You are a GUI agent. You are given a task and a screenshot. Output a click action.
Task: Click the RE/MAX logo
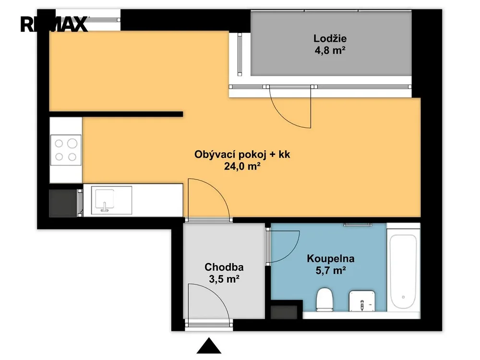pyautogui.click(x=54, y=24)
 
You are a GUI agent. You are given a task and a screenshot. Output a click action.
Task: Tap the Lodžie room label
pyautogui.click(x=330, y=38)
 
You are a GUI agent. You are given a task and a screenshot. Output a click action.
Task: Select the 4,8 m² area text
pyautogui.click(x=330, y=50)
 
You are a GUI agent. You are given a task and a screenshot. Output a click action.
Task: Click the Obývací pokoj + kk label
pyautogui.click(x=242, y=154)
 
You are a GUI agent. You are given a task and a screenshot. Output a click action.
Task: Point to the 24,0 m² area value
pyautogui.click(x=242, y=166)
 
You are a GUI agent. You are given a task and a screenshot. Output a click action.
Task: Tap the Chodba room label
pyautogui.click(x=224, y=267)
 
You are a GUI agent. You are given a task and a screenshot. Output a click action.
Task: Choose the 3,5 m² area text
pyautogui.click(x=224, y=279)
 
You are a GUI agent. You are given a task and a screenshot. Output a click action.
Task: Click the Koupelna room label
pyautogui.click(x=331, y=259)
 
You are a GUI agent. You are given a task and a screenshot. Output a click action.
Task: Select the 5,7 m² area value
pyautogui.click(x=331, y=271)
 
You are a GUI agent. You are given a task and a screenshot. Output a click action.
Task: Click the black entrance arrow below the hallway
pyautogui.click(x=209, y=346)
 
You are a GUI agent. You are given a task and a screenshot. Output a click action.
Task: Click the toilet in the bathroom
pyautogui.click(x=324, y=300)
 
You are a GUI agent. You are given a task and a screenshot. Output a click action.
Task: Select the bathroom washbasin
pyautogui.click(x=362, y=301)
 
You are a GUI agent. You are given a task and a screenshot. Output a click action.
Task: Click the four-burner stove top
pyautogui.click(x=66, y=150)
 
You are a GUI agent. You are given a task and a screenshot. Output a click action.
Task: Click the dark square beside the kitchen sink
pyautogui.click(x=63, y=203)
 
